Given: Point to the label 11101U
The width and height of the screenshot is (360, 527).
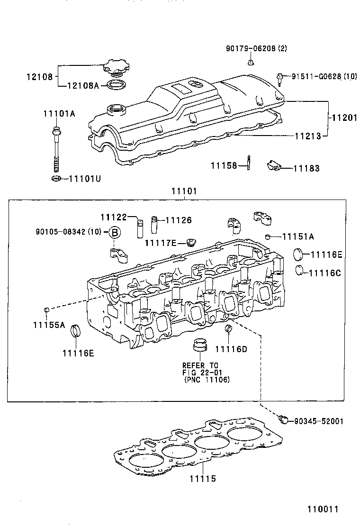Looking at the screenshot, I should tap(85, 179).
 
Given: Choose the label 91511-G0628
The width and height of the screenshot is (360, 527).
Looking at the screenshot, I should tap(317, 76).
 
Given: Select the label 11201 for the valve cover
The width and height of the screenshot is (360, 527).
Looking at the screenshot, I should tap(343, 118).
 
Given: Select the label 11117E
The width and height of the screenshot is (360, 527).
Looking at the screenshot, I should tap(161, 243).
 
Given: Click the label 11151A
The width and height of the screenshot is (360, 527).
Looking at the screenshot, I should tap(298, 236).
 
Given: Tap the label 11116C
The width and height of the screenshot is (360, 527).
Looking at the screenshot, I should tap(325, 273).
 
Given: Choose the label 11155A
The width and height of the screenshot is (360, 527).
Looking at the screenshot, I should tap(49, 325).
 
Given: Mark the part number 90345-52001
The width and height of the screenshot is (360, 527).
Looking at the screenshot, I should tap(318, 421).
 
